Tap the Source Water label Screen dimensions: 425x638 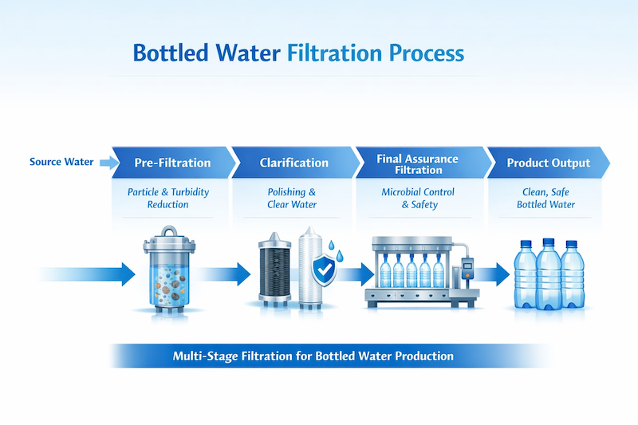61,163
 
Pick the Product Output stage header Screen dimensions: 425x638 549,163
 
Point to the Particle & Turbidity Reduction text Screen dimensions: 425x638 169,198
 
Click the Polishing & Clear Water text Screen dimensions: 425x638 291,198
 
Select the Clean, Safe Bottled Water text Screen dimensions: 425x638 545,198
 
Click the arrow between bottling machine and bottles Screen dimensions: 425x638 494,275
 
